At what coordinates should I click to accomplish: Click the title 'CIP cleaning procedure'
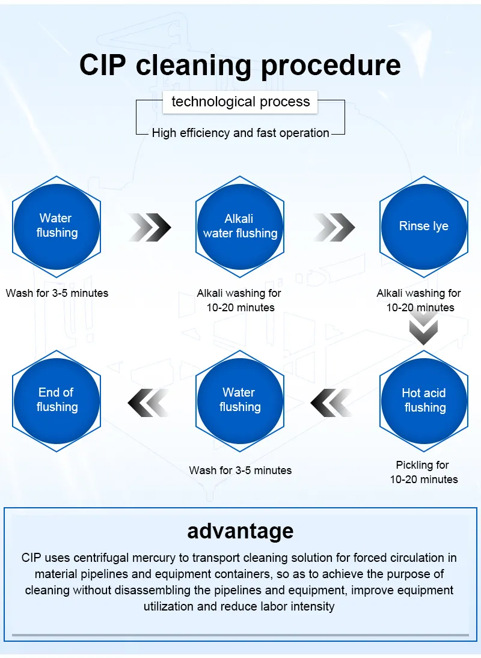click(240, 65)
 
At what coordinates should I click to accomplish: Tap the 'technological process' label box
click(240, 102)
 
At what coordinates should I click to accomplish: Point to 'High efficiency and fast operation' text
click(240, 133)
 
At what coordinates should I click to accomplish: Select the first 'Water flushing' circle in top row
click(57, 226)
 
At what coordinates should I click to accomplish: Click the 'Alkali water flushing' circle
click(240, 226)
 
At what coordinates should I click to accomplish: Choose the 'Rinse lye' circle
click(423, 226)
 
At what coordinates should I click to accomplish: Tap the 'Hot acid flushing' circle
click(424, 400)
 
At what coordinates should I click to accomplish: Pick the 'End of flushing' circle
click(57, 400)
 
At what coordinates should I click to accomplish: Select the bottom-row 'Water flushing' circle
click(240, 400)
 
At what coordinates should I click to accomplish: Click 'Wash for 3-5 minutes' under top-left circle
click(57, 293)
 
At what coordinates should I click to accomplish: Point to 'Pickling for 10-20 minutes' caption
click(423, 472)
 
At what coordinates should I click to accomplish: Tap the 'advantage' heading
click(240, 531)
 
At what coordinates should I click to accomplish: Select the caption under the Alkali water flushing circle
click(239, 300)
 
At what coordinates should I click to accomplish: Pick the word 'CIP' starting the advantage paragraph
click(31, 558)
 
